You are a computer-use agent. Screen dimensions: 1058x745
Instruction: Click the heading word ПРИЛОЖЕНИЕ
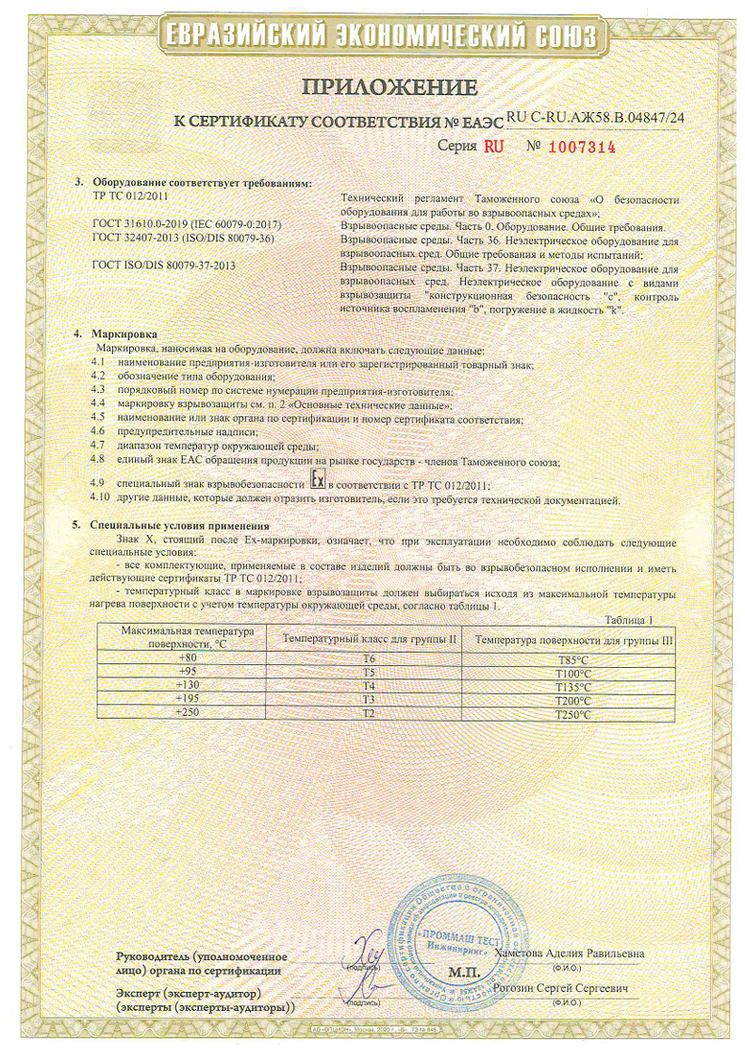click(x=389, y=89)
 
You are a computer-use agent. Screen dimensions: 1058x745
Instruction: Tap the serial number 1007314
click(x=582, y=147)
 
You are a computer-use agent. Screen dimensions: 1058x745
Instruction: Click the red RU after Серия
click(x=494, y=147)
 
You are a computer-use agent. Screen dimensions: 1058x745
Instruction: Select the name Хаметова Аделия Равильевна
click(x=569, y=954)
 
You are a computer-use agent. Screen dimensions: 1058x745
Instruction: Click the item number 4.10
click(x=99, y=497)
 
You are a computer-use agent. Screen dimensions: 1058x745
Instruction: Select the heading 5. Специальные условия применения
click(x=178, y=526)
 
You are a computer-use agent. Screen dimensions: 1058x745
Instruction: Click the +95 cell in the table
click(x=190, y=672)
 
